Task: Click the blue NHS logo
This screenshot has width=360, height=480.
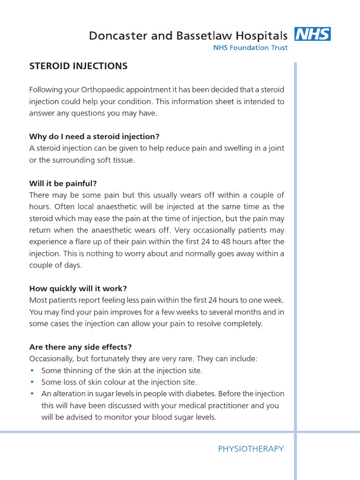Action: (312, 34)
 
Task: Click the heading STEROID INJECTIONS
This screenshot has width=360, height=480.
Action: (78, 66)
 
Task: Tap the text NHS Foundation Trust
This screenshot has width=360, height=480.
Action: (250, 47)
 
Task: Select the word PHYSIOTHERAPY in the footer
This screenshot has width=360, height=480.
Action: (251, 449)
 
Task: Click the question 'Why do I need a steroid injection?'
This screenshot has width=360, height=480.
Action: (94, 136)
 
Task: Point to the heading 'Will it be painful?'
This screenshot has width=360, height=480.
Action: (63, 183)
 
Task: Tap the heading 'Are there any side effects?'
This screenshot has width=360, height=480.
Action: (81, 347)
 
